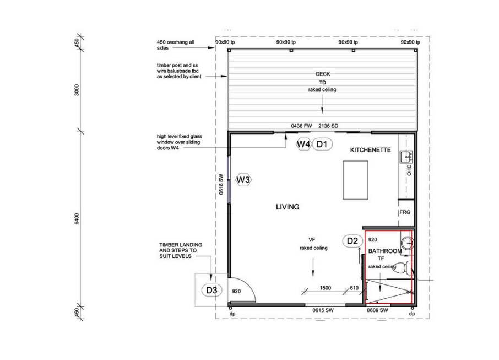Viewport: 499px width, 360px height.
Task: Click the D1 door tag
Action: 322,144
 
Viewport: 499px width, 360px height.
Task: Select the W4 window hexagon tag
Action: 303,144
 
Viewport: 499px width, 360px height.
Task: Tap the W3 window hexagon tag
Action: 243,180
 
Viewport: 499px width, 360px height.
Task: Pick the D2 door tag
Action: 352,241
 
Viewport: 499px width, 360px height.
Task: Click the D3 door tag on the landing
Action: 211,290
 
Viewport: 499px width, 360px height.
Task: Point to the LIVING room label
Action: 288,207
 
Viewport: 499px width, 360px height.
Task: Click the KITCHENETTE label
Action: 371,150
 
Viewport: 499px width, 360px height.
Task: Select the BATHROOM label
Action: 385,251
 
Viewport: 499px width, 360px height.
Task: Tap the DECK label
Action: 323,74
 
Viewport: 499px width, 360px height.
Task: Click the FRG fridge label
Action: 405,212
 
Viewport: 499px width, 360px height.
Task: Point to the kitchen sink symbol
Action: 406,157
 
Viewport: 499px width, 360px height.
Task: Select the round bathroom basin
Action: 407,244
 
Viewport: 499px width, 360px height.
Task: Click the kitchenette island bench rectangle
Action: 355,180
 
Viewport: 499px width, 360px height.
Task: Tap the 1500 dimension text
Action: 326,288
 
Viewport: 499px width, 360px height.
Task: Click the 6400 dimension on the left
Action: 77,219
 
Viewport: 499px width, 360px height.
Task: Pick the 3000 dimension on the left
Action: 77,90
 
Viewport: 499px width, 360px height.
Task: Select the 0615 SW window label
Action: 323,310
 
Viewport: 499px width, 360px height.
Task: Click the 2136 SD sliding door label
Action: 328,126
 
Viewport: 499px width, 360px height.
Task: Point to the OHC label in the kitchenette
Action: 409,170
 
